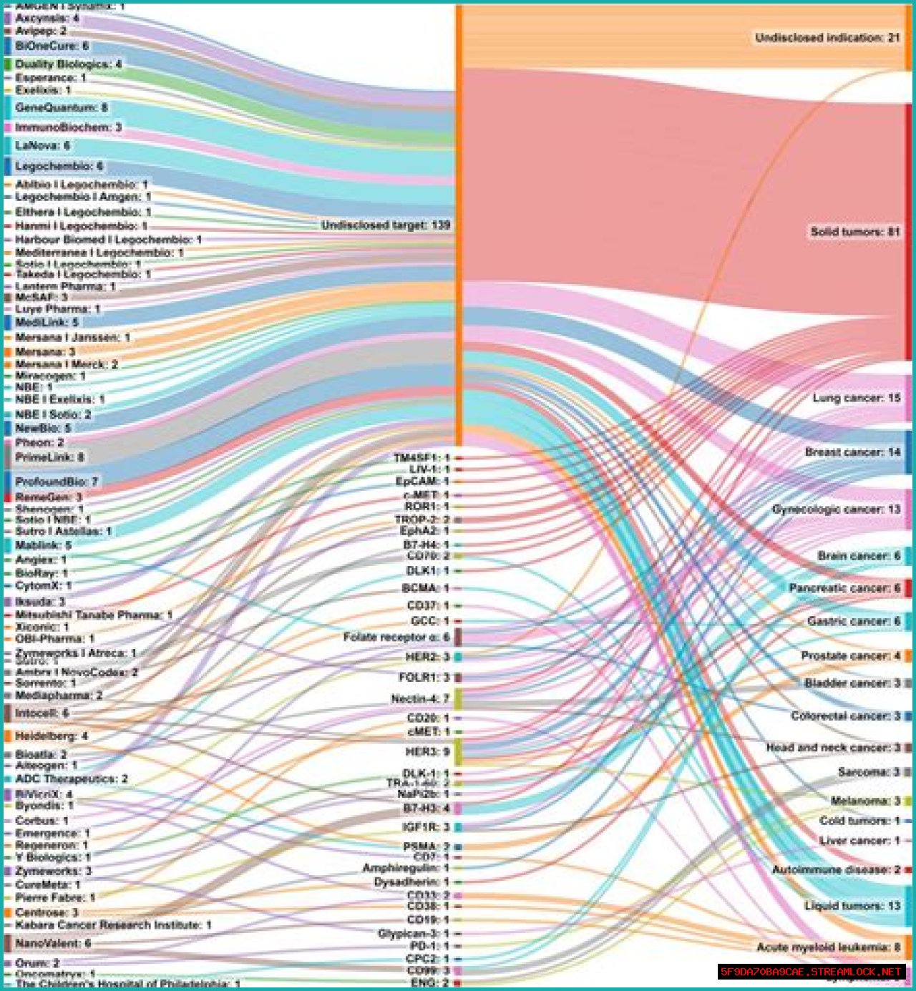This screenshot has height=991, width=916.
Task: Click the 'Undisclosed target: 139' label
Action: click(386, 225)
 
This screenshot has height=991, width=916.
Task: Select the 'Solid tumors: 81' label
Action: click(854, 232)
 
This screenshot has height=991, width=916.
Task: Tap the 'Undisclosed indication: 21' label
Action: click(827, 37)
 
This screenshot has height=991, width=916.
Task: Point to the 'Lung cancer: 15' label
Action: click(856, 398)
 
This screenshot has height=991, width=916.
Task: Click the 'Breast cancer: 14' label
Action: click(852, 452)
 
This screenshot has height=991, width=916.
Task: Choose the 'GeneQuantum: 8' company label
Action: click(61, 107)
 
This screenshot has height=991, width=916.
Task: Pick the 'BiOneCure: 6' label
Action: click(52, 46)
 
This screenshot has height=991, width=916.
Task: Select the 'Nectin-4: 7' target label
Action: click(420, 698)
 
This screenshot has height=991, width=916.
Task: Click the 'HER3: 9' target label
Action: click(427, 751)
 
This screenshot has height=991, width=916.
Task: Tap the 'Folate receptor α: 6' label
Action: click(396, 637)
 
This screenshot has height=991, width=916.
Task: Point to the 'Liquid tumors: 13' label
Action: click(852, 906)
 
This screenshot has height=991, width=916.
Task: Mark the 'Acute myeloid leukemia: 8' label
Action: click(828, 947)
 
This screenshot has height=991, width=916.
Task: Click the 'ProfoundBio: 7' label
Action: click(57, 482)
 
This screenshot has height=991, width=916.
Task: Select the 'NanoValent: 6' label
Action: click(53, 943)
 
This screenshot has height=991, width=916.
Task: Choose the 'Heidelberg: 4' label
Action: click(52, 736)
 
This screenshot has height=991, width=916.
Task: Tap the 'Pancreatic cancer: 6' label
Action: click(844, 588)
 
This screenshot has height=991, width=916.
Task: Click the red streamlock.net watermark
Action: click(811, 972)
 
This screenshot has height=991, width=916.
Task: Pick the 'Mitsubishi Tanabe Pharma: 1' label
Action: click(94, 615)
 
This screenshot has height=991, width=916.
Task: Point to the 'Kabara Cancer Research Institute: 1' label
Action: click(113, 925)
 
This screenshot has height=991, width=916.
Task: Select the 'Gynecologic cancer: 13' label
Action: click(836, 509)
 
